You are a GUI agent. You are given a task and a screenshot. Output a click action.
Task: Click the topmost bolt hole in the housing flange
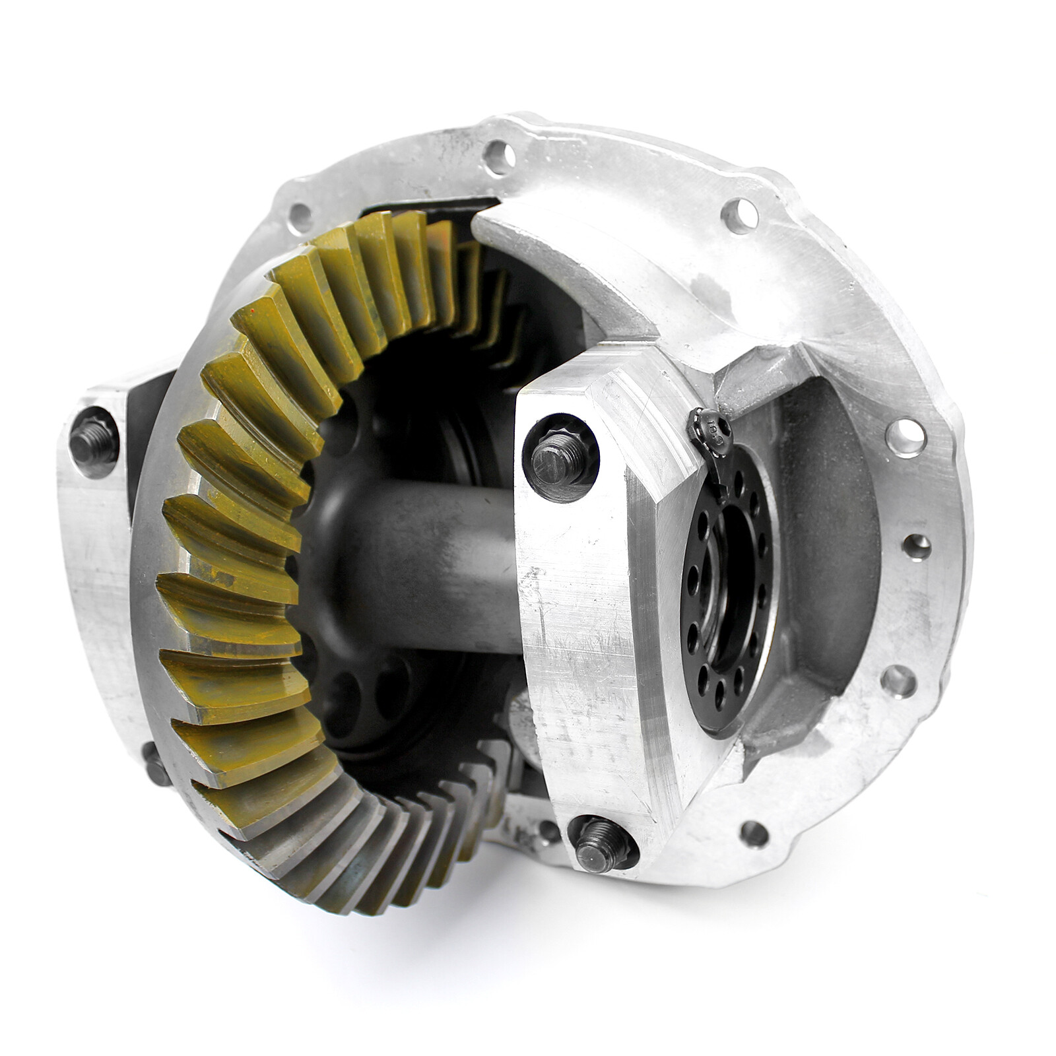(x=500, y=157)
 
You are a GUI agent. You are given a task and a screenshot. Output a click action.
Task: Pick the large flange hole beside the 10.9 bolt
(x=906, y=438)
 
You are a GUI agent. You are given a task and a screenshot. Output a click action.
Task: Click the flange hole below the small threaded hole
(x=899, y=680)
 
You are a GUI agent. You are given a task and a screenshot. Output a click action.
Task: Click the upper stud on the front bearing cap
(x=560, y=455)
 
